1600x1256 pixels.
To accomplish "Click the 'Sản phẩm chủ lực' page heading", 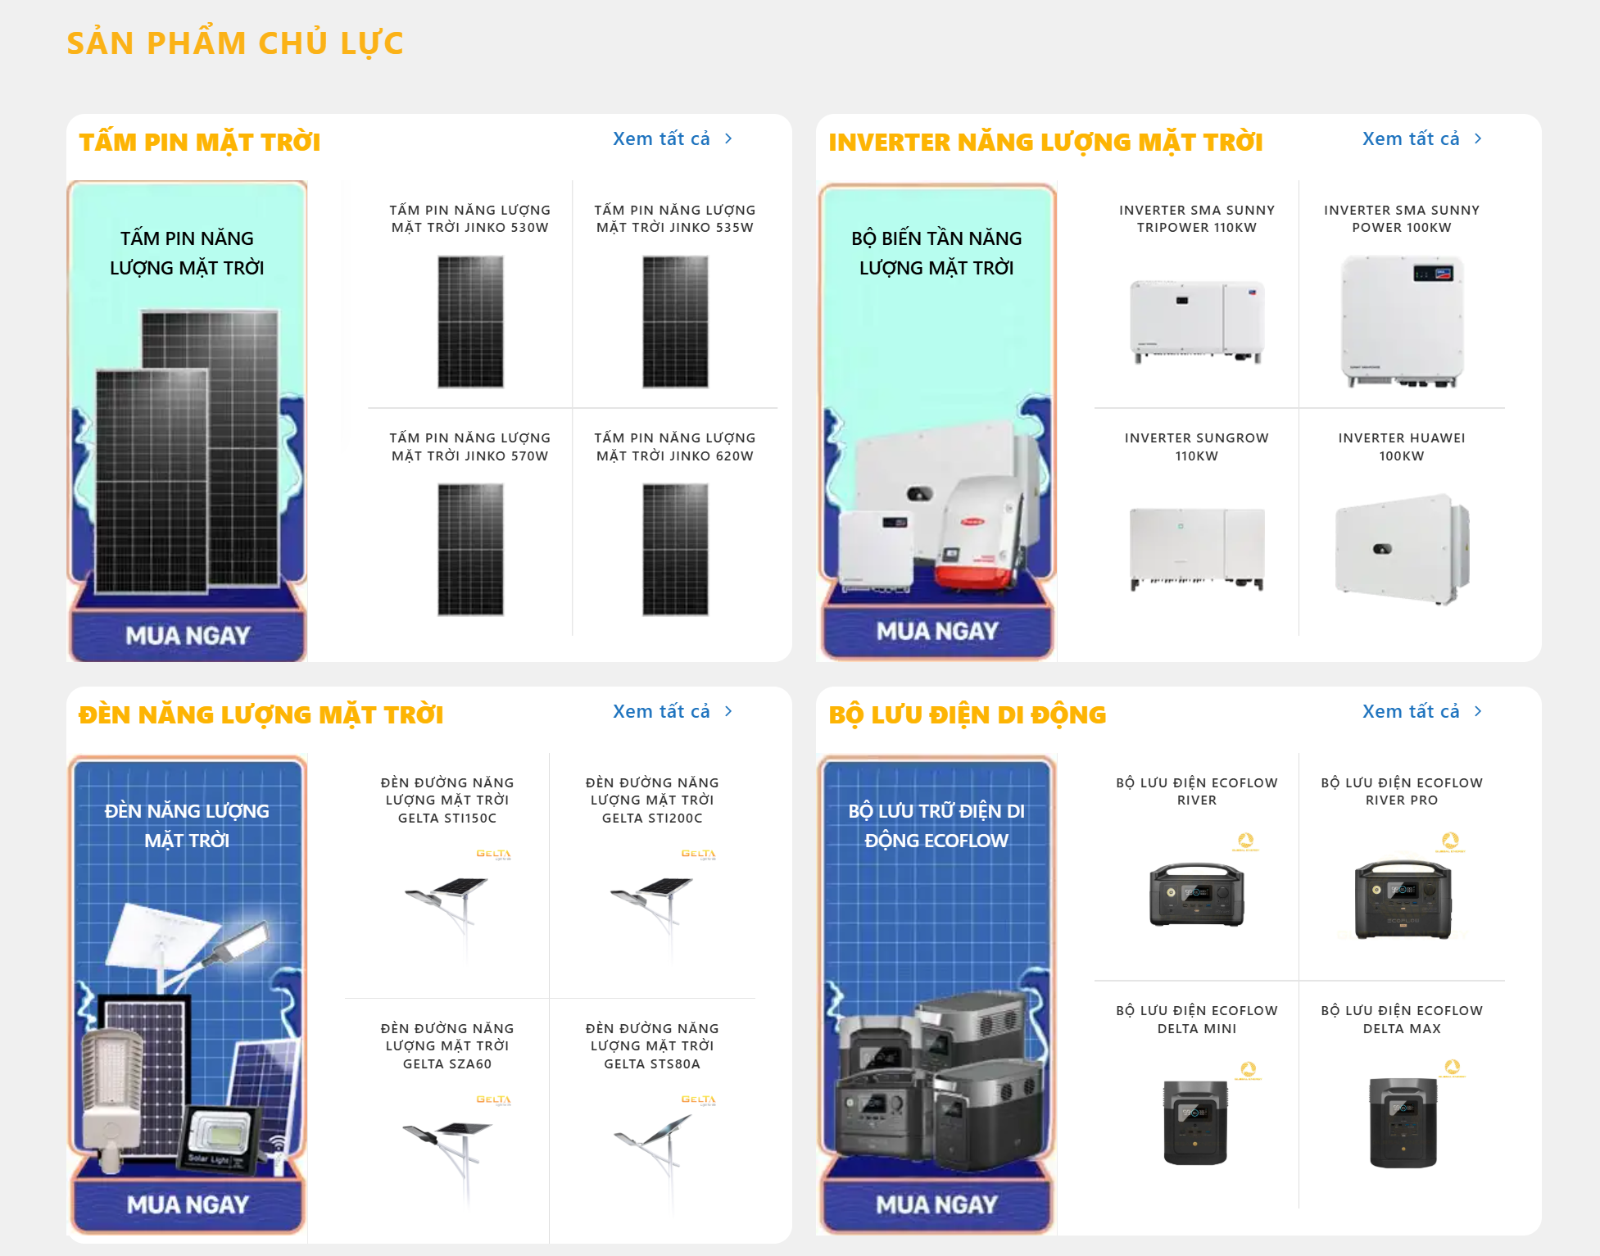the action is tap(235, 43).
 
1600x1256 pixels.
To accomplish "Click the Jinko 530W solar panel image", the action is tap(470, 322).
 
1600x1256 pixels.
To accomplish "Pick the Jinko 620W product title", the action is tap(675, 447).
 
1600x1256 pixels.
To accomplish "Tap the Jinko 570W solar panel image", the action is tap(470, 550).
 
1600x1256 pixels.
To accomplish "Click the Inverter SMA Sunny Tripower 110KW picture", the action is tap(1197, 322).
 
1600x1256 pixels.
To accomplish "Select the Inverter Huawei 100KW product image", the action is tap(1402, 550).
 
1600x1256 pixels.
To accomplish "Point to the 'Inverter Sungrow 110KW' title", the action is tap(1197, 447).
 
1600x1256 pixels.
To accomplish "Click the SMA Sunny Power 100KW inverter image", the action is tap(1402, 322).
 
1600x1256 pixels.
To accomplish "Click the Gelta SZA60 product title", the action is tap(447, 1046).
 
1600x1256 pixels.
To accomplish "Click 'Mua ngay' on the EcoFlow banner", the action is tap(937, 1204).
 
